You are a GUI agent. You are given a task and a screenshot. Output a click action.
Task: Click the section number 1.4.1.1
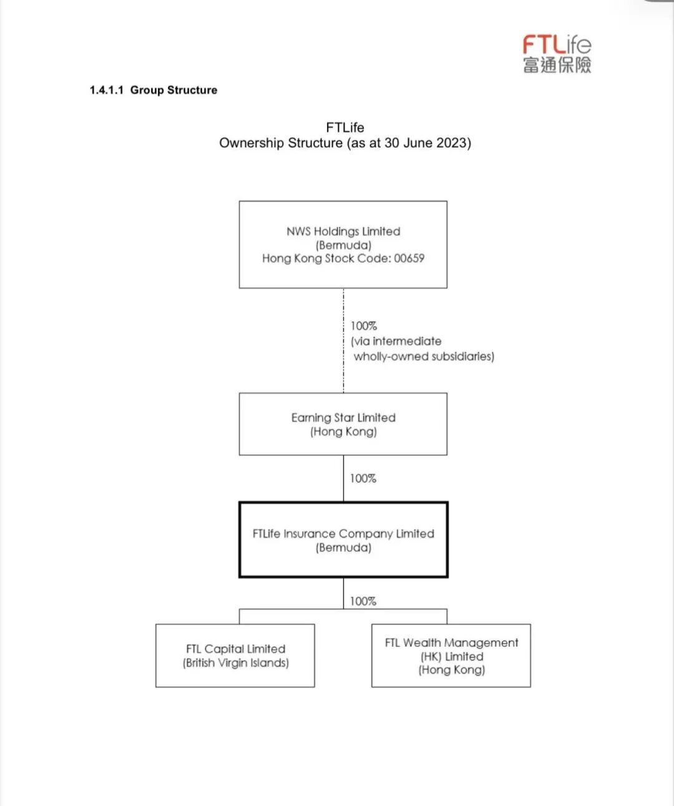pyautogui.click(x=107, y=90)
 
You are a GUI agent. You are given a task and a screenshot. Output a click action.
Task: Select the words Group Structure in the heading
pyautogui.click(x=173, y=90)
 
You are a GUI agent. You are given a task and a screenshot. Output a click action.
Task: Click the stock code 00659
pyautogui.click(x=409, y=258)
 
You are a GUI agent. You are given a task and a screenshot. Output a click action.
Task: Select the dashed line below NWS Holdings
pyautogui.click(x=343, y=340)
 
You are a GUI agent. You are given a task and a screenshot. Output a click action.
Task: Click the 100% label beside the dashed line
pyautogui.click(x=363, y=326)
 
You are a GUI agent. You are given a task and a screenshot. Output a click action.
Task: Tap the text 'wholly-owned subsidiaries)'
pyautogui.click(x=424, y=356)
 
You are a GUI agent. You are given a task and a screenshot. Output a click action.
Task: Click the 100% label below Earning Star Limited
pyautogui.click(x=363, y=479)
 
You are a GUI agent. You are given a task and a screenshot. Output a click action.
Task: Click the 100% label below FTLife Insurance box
pyautogui.click(x=363, y=601)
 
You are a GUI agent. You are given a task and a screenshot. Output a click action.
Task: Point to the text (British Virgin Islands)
pyautogui.click(x=235, y=663)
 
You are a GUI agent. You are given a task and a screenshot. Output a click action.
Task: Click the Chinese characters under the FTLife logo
pyautogui.click(x=557, y=65)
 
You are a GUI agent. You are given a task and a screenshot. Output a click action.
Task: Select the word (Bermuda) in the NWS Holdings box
pyautogui.click(x=343, y=245)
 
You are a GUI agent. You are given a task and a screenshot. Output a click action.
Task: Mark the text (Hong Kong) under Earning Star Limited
pyautogui.click(x=343, y=432)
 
